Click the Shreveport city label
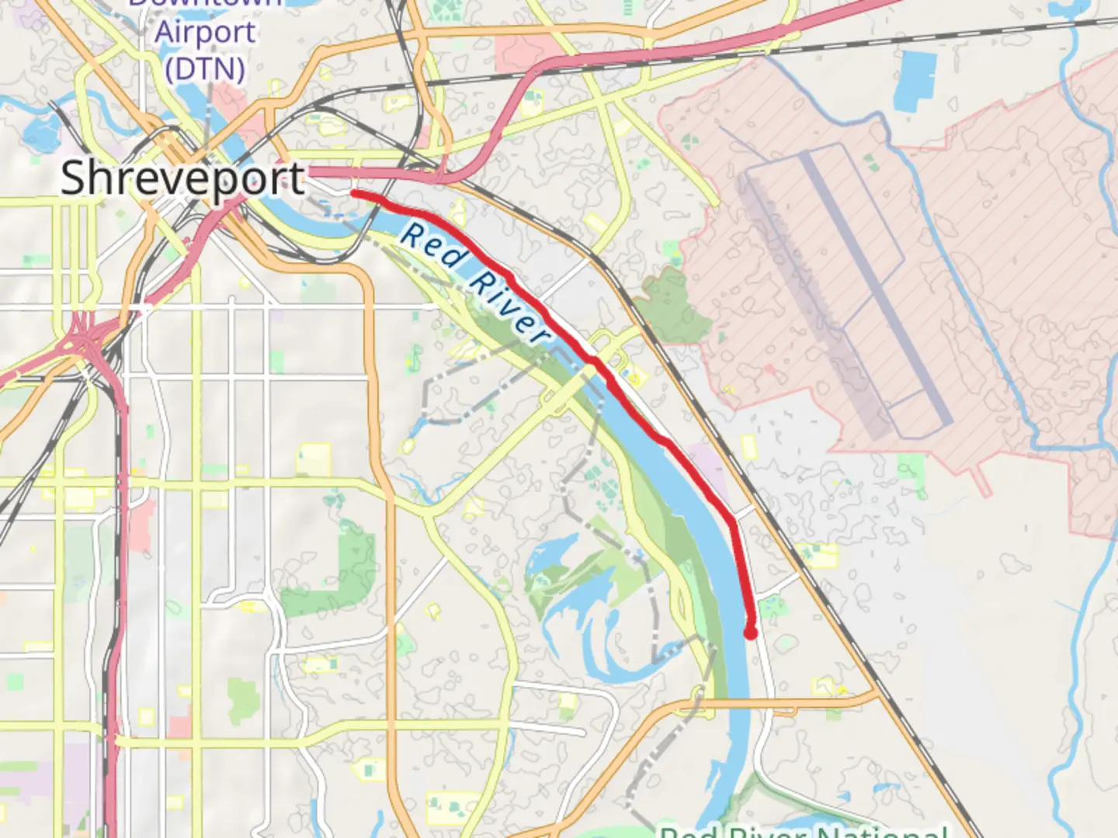(x=182, y=178)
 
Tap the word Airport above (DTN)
(x=205, y=33)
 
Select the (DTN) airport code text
(x=205, y=69)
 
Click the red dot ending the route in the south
(x=751, y=633)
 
